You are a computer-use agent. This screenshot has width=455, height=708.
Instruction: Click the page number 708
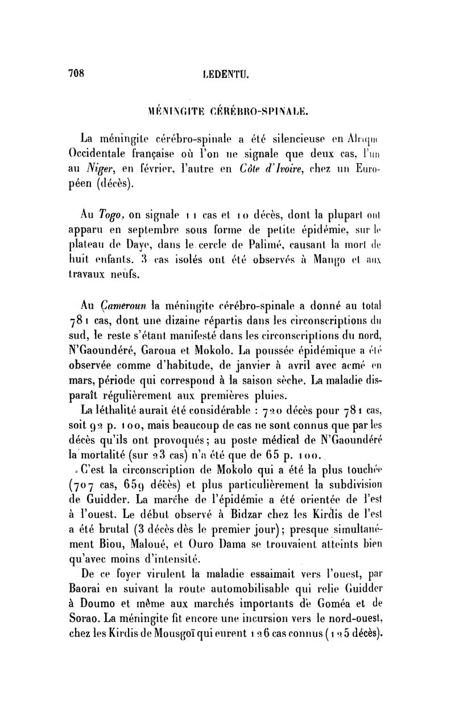[x=76, y=73]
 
